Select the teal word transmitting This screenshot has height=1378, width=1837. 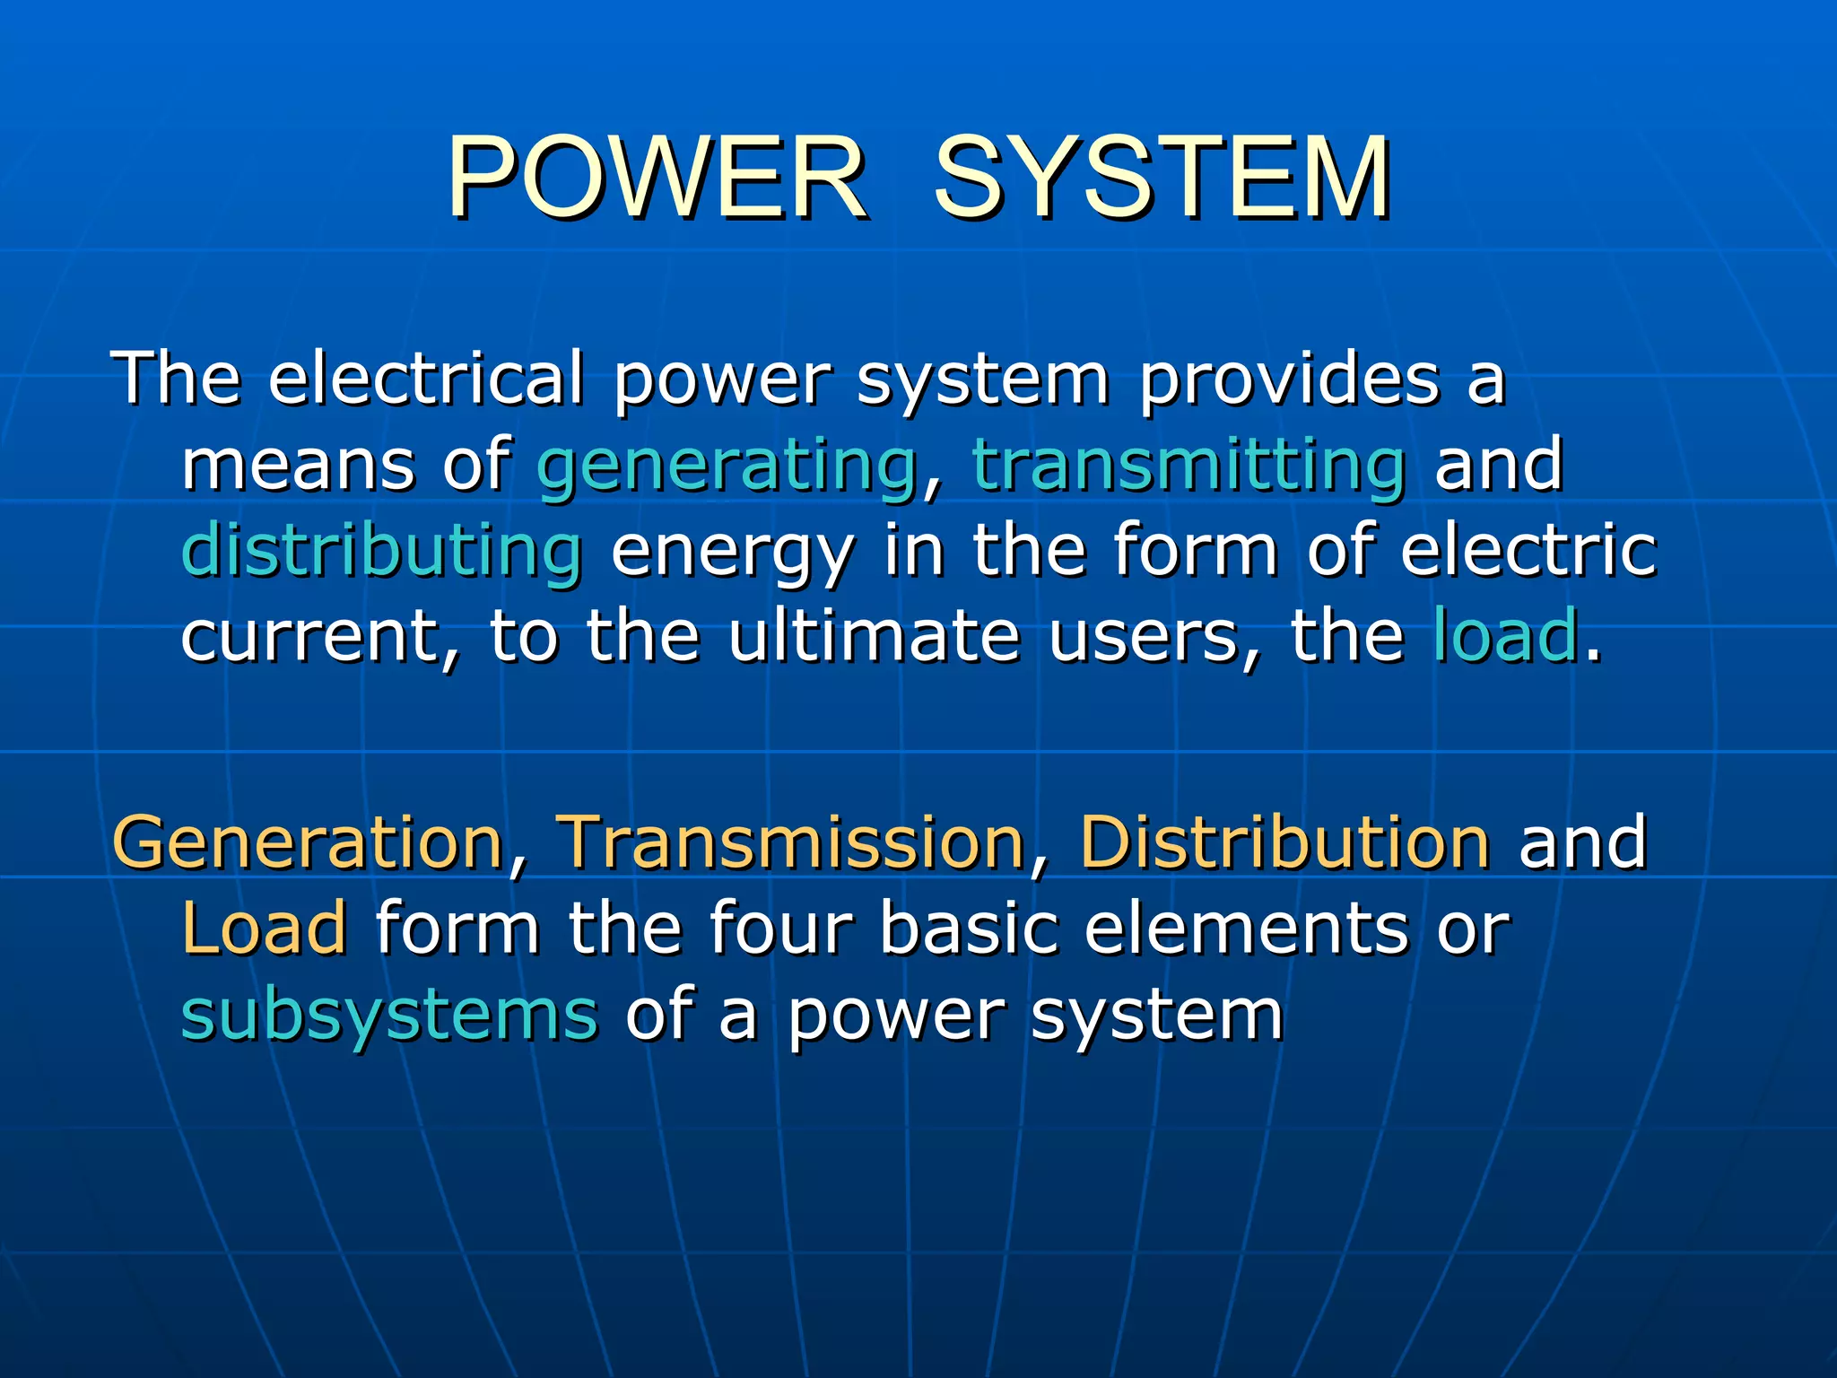click(x=1189, y=465)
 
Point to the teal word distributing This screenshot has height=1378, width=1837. click(x=382, y=551)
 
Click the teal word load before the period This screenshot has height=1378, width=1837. click(x=1505, y=635)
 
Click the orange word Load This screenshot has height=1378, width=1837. click(x=264, y=928)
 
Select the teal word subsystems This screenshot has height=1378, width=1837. click(x=389, y=1016)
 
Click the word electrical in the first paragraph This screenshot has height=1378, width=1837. click(x=427, y=379)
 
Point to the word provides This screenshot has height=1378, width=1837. click(x=1289, y=379)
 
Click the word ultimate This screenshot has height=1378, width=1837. click(x=874, y=635)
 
